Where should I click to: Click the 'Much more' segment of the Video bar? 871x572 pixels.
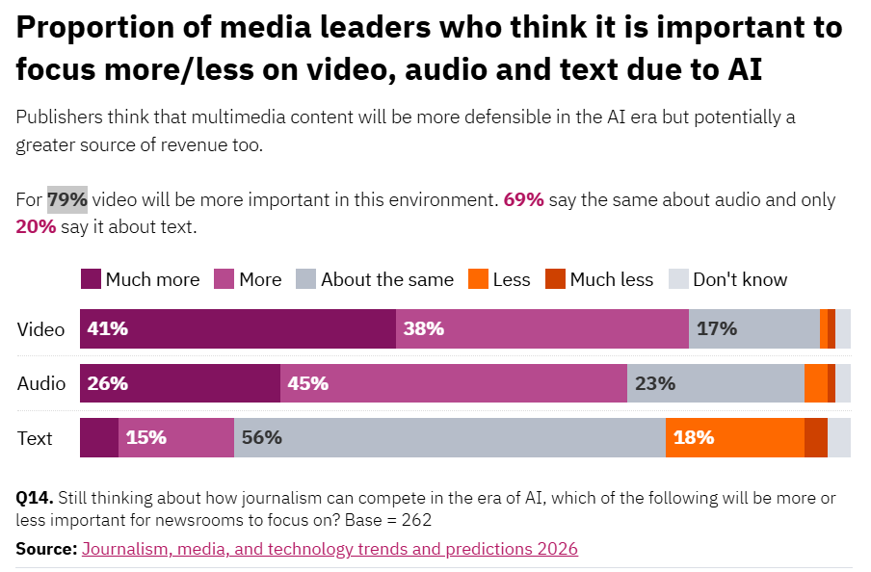[237, 328]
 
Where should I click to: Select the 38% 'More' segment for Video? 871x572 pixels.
[542, 328]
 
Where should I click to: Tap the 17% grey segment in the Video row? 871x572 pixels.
[753, 328]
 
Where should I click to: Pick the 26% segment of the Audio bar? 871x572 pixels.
[179, 383]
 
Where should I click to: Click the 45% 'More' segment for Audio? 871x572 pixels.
[454, 383]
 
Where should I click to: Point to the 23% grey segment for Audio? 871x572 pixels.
[715, 383]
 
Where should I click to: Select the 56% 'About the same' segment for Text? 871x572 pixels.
[449, 437]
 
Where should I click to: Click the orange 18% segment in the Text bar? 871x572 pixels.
[734, 437]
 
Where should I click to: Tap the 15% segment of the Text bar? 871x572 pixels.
[176, 437]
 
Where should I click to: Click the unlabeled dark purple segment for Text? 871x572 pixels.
[99, 437]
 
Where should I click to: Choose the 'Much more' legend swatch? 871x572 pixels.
[91, 279]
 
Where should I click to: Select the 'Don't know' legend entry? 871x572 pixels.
[728, 279]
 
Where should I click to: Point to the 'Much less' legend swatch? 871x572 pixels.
[555, 279]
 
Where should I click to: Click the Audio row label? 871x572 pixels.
[41, 383]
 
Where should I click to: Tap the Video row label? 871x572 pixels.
[41, 328]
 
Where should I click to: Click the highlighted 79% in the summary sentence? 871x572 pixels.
[67, 200]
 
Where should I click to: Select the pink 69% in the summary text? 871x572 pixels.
[523, 200]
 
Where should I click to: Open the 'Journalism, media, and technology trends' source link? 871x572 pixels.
[330, 549]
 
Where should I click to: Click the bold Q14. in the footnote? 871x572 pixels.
[35, 498]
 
